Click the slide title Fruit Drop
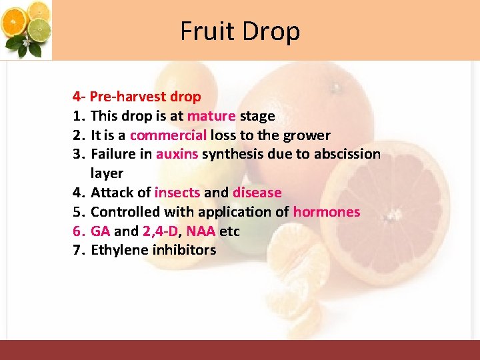(240, 31)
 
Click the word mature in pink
(211, 116)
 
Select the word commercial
(168, 135)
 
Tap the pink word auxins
(177, 155)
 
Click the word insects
(177, 193)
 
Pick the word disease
(257, 193)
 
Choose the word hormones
(327, 212)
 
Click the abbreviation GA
(100, 231)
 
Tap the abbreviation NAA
(201, 231)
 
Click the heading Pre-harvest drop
(145, 97)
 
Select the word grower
(307, 135)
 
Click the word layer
(107, 174)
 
